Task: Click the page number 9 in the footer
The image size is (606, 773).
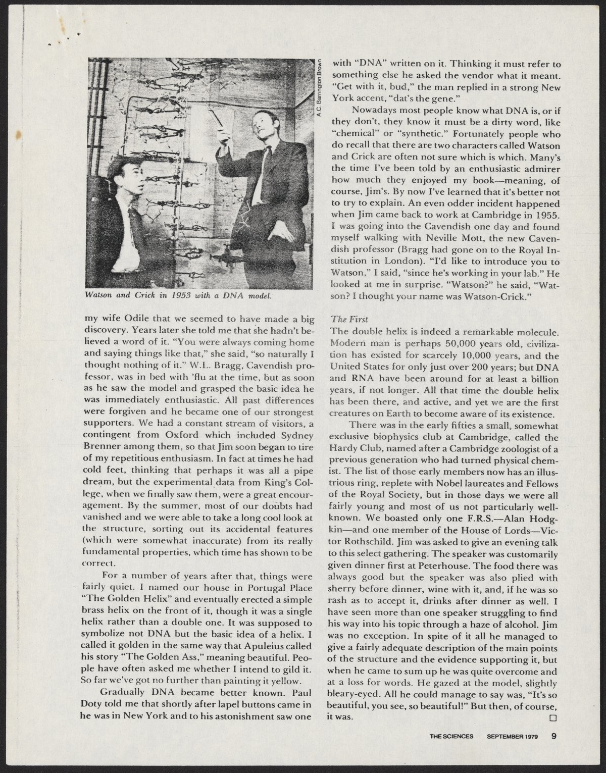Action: click(x=554, y=736)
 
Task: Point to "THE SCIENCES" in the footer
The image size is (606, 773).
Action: click(x=451, y=736)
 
